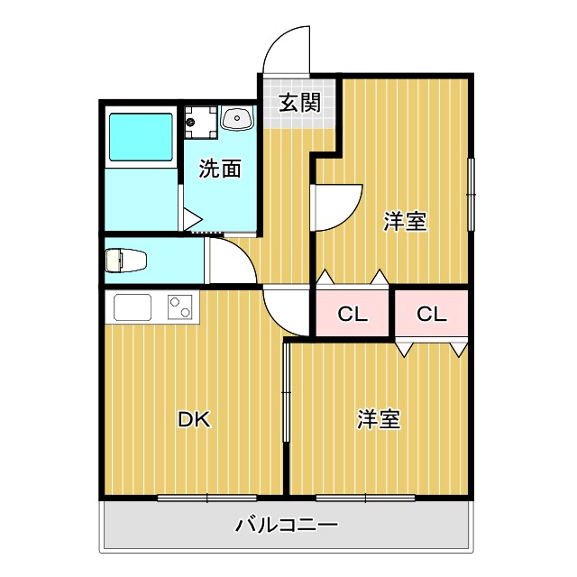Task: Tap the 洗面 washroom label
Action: point(220,169)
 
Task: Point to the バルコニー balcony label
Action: point(287,525)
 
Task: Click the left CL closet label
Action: point(353,314)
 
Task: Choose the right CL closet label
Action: point(431,314)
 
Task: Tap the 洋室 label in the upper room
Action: point(405,222)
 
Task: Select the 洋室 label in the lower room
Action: point(379,419)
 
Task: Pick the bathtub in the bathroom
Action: point(140,137)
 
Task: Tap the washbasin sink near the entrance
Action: point(237,118)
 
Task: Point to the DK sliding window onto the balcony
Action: point(207,497)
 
